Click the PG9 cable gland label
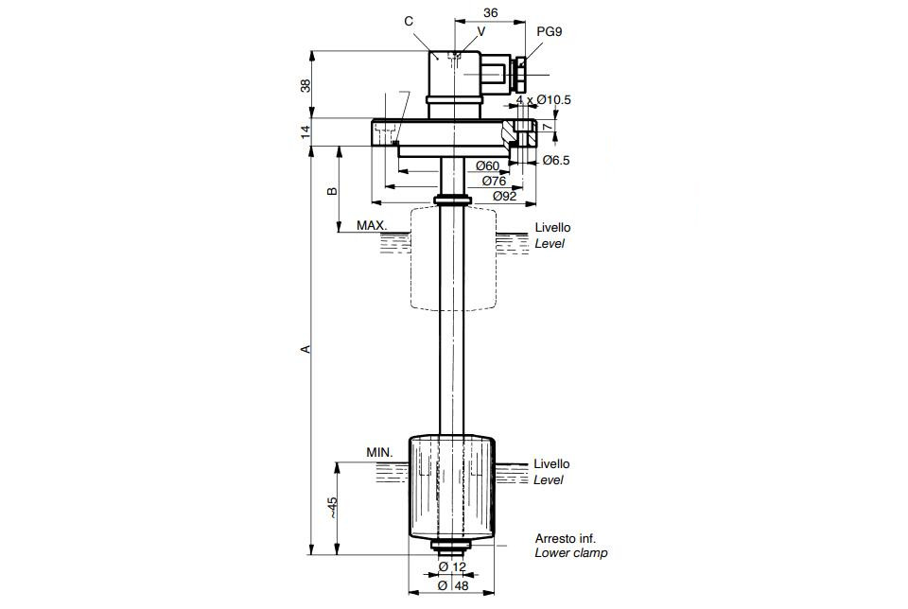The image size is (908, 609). [x=549, y=32]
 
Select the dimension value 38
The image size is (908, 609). [x=306, y=85]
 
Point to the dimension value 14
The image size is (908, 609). [x=306, y=131]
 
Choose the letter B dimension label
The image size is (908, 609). [x=332, y=191]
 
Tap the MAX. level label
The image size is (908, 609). [x=372, y=225]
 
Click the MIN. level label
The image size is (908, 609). [x=379, y=452]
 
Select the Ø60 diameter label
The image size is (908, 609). [x=488, y=165]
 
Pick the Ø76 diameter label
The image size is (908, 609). [x=494, y=181]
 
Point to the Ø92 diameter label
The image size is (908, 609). [x=504, y=196]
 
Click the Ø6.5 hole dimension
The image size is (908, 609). [x=556, y=161]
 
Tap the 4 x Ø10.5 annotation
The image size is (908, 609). [x=543, y=99]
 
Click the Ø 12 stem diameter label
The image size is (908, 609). [x=452, y=566]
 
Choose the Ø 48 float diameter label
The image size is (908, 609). [x=453, y=585]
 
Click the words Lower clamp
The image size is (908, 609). [x=571, y=553]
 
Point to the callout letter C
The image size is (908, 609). [x=409, y=22]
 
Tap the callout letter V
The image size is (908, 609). [x=481, y=31]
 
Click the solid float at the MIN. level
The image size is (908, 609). [x=452, y=486]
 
